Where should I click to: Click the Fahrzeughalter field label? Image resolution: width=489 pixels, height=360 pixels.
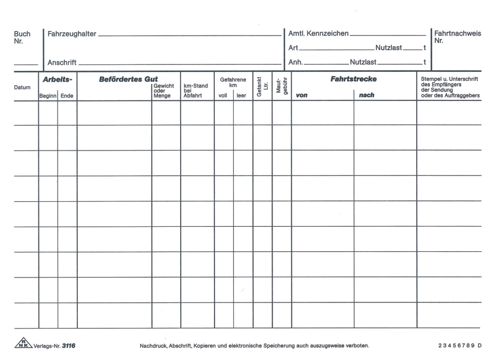[x=72, y=34]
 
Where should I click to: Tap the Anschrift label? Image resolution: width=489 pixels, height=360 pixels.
[x=62, y=63]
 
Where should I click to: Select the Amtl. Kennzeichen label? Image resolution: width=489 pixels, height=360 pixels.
[x=318, y=33]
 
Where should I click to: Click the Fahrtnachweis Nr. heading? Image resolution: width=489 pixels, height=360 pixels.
[x=458, y=37]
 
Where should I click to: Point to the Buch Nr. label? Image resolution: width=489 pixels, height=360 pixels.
[x=22, y=37]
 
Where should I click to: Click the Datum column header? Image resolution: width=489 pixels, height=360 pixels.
[x=22, y=87]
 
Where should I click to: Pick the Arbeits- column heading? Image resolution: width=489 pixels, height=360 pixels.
[x=57, y=80]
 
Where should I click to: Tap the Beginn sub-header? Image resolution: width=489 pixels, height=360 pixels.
[x=48, y=96]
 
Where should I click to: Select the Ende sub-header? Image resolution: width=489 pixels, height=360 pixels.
[x=67, y=96]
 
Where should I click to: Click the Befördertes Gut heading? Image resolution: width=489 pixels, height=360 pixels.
[x=128, y=79]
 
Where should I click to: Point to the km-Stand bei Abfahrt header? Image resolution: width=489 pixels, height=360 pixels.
[x=196, y=91]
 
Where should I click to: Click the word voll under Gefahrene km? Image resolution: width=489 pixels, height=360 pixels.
[x=223, y=96]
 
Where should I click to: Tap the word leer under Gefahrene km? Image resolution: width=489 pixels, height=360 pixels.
[x=241, y=96]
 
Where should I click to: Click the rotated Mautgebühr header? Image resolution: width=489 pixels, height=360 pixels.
[x=282, y=86]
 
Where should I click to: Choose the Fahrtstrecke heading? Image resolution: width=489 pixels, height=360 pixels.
[x=353, y=79]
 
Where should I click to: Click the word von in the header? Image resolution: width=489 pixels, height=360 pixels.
[x=302, y=95]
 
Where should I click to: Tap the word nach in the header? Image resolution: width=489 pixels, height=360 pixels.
[x=366, y=95]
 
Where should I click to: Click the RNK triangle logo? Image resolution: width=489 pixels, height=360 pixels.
[x=23, y=344]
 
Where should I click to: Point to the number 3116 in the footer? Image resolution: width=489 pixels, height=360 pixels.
[x=68, y=346]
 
